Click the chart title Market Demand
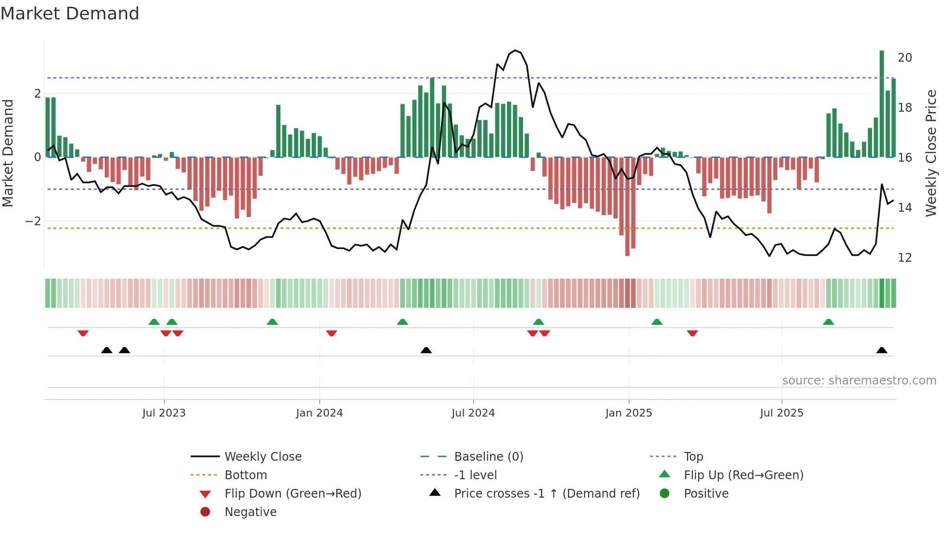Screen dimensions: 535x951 pyautogui.click(x=70, y=14)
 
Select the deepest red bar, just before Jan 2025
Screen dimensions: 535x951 pyautogui.click(x=627, y=206)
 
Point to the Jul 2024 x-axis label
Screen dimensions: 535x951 pyautogui.click(x=473, y=413)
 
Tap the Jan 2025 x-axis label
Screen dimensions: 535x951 pyautogui.click(x=629, y=413)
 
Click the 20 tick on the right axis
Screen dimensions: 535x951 pyautogui.click(x=904, y=58)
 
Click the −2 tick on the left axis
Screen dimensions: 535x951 pyautogui.click(x=33, y=221)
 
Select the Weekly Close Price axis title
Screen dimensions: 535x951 pyautogui.click(x=931, y=153)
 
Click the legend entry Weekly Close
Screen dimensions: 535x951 pyautogui.click(x=262, y=457)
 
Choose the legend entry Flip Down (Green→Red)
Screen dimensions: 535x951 pyautogui.click(x=293, y=494)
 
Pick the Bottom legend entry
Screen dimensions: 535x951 pyautogui.click(x=246, y=475)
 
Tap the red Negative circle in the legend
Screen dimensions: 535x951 pyautogui.click(x=205, y=512)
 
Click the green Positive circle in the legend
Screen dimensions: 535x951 pyautogui.click(x=665, y=494)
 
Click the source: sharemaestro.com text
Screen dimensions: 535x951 pyautogui.click(x=859, y=381)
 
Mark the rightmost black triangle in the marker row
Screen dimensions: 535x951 pyautogui.click(x=882, y=351)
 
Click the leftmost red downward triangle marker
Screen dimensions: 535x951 pyautogui.click(x=83, y=333)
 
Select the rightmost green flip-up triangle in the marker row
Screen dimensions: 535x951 pyautogui.click(x=828, y=322)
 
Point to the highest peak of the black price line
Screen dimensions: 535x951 pyautogui.click(x=515, y=50)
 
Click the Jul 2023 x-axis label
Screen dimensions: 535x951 pyautogui.click(x=164, y=413)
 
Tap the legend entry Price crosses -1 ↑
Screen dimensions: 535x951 pyautogui.click(x=546, y=494)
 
